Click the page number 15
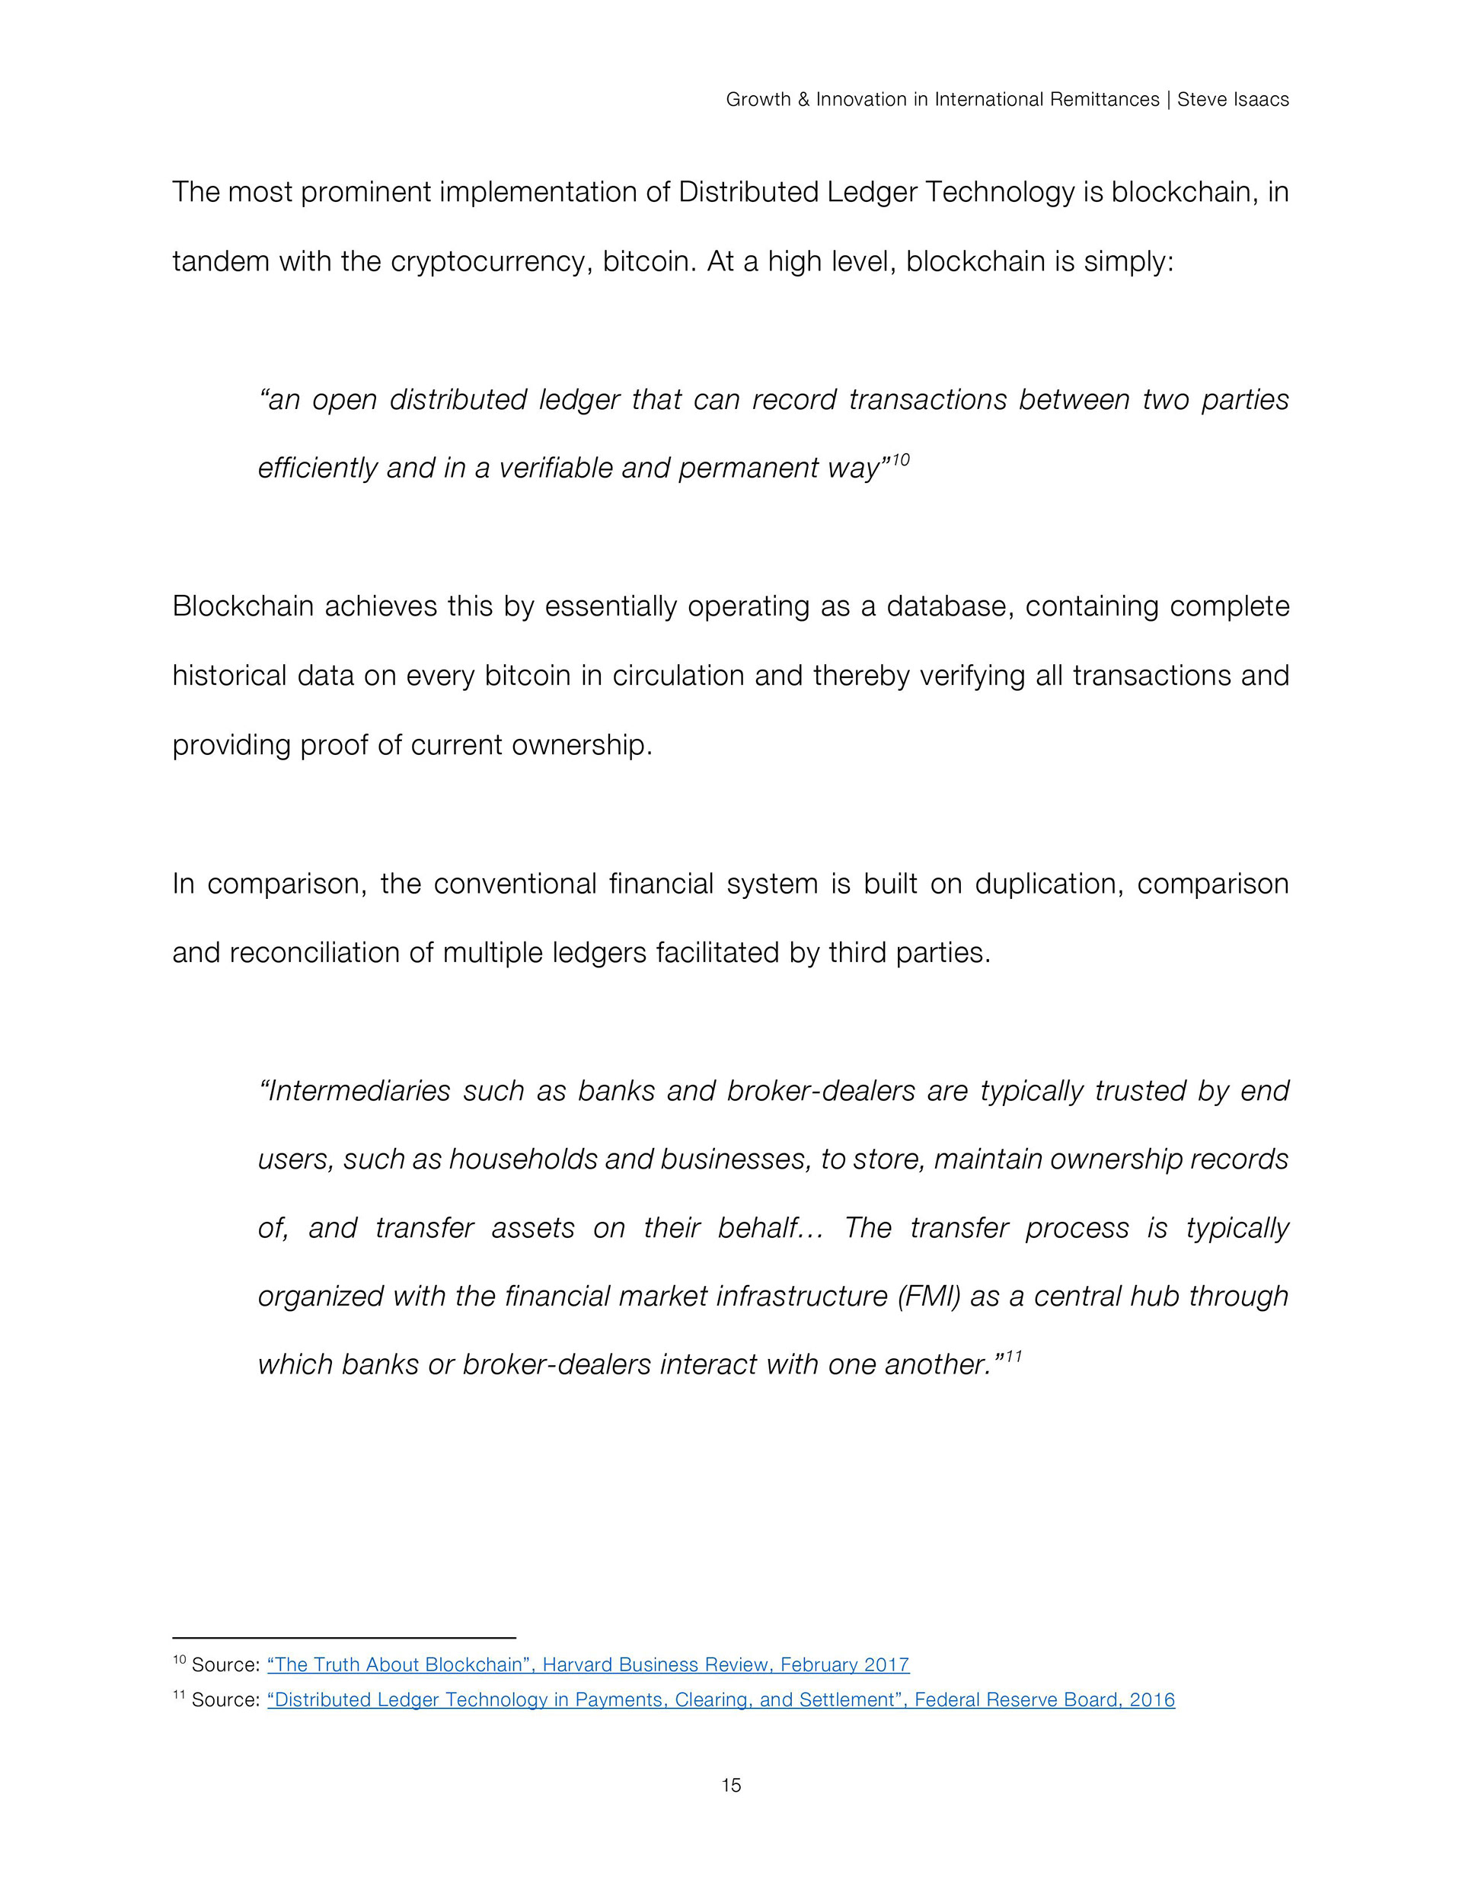(730, 1785)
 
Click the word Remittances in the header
(1104, 100)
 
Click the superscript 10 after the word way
(901, 459)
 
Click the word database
(949, 606)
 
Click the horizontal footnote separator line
(344, 1637)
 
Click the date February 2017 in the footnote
(844, 1665)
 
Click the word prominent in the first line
(365, 191)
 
